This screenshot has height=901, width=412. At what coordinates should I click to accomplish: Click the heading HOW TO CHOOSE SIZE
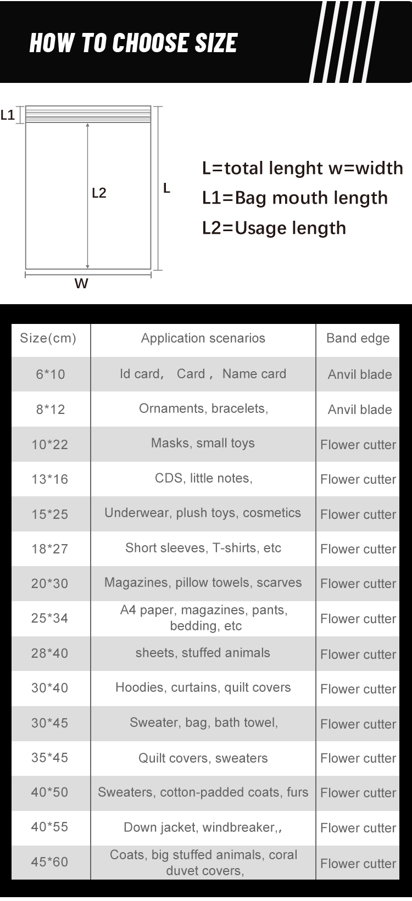click(133, 43)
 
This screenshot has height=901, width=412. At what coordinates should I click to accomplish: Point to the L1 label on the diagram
click(8, 115)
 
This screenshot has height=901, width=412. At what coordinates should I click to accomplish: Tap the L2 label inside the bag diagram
click(99, 193)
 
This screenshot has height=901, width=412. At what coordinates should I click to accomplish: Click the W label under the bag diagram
click(81, 283)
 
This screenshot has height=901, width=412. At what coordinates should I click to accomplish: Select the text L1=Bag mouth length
click(294, 198)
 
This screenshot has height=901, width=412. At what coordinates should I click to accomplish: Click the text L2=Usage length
click(274, 228)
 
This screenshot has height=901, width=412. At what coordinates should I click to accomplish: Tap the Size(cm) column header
click(48, 338)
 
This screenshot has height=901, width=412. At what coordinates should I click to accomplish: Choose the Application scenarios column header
click(203, 338)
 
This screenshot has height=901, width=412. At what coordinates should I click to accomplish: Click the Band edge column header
click(358, 338)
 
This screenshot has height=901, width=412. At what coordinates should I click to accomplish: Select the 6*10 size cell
click(50, 374)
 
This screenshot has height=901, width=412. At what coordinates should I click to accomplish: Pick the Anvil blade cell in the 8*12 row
click(359, 410)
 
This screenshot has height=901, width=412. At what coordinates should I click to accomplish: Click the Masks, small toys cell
click(203, 443)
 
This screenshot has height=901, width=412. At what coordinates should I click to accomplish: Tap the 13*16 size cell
click(50, 479)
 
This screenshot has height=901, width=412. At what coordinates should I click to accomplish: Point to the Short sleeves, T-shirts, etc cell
click(203, 548)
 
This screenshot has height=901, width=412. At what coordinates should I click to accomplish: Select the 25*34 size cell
click(50, 618)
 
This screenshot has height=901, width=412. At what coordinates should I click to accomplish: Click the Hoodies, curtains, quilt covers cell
click(203, 687)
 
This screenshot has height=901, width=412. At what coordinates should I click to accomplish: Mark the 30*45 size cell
click(50, 723)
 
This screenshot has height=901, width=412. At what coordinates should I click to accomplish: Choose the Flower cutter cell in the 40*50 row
click(358, 793)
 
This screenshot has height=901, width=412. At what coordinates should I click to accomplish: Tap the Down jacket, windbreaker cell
click(203, 827)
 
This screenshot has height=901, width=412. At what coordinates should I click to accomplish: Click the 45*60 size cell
click(50, 862)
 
